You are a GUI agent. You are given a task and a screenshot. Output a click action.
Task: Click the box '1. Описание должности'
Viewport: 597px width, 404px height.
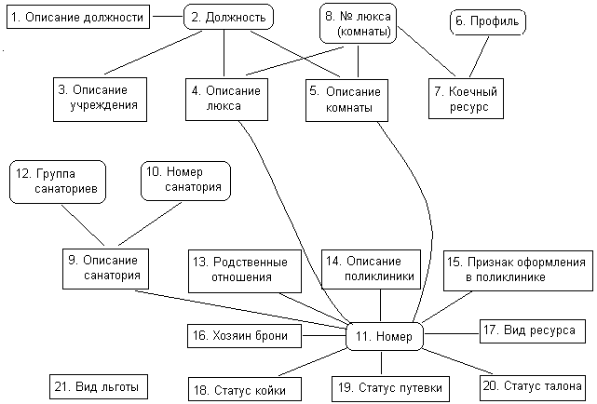click(x=78, y=17)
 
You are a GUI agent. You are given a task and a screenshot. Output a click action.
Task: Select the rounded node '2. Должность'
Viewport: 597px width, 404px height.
click(x=228, y=17)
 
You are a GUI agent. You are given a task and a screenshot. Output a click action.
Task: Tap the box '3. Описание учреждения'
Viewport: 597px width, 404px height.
click(x=100, y=100)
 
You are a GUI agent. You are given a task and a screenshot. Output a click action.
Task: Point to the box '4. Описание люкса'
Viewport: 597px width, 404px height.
click(x=226, y=100)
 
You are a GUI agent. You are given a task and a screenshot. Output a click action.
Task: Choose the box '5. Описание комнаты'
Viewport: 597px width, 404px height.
click(x=346, y=101)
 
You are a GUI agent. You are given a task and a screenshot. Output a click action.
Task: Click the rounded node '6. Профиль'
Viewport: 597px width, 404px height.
click(x=488, y=22)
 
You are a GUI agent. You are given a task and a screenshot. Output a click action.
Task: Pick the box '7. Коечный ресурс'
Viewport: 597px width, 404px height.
click(x=466, y=99)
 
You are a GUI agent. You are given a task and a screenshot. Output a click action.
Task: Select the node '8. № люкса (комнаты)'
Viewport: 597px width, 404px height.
click(x=358, y=23)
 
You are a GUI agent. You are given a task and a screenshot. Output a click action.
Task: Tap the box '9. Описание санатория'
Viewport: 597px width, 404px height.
click(x=105, y=269)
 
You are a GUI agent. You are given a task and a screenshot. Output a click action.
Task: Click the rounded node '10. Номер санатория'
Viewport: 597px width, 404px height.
click(x=185, y=181)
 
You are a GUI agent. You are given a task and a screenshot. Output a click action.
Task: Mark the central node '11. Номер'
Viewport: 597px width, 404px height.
click(x=385, y=336)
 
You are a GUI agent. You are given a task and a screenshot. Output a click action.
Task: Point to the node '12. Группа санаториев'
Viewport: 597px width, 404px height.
click(x=58, y=182)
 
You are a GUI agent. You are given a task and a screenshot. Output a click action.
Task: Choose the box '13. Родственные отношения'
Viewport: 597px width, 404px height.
click(x=245, y=271)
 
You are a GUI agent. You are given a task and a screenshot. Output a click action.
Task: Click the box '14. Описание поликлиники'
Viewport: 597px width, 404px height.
click(x=371, y=269)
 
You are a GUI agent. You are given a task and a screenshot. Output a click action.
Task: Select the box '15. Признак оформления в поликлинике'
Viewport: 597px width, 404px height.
click(x=518, y=271)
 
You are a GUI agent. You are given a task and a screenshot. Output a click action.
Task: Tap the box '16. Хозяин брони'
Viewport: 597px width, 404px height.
click(x=244, y=336)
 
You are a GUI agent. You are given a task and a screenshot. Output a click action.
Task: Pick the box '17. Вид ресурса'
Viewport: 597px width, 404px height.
click(x=533, y=331)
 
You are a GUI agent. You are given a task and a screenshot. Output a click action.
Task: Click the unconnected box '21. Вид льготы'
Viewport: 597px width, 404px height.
click(x=99, y=387)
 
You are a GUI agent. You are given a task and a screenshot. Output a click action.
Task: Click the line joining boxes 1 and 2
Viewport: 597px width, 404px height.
click(x=168, y=17)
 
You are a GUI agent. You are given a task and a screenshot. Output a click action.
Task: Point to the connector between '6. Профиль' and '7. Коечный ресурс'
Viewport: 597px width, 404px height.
click(x=480, y=56)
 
